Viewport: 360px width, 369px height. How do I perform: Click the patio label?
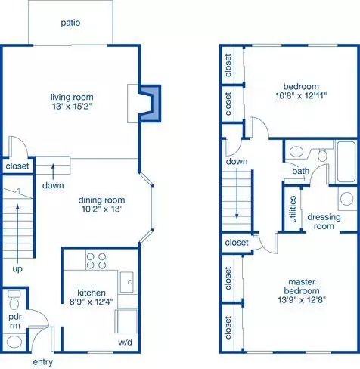point(70,23)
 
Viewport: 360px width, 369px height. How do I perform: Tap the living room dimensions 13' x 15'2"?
point(72,107)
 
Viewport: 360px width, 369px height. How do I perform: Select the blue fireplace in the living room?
point(150,104)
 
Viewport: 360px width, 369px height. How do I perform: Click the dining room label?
point(101,200)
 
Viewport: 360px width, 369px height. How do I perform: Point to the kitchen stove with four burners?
point(96,260)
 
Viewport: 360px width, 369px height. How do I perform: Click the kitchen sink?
point(126,282)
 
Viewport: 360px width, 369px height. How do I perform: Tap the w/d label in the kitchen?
point(125,343)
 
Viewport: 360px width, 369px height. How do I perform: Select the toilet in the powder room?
point(14,300)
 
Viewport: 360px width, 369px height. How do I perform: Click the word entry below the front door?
point(43,362)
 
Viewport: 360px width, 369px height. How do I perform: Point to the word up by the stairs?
point(17,269)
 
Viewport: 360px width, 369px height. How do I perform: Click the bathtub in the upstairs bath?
point(346,162)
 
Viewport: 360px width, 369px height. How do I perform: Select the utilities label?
point(293,209)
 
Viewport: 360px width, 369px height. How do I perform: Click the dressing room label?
point(324,222)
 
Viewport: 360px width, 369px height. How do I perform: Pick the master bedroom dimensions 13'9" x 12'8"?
point(302,300)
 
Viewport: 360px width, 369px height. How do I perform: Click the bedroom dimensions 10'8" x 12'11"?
point(301,95)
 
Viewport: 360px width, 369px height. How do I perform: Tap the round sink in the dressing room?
point(347,199)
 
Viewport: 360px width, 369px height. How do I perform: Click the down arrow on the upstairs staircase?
point(237,194)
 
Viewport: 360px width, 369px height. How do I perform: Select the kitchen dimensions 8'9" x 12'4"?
point(92,302)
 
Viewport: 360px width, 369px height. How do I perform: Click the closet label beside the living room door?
point(17,166)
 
